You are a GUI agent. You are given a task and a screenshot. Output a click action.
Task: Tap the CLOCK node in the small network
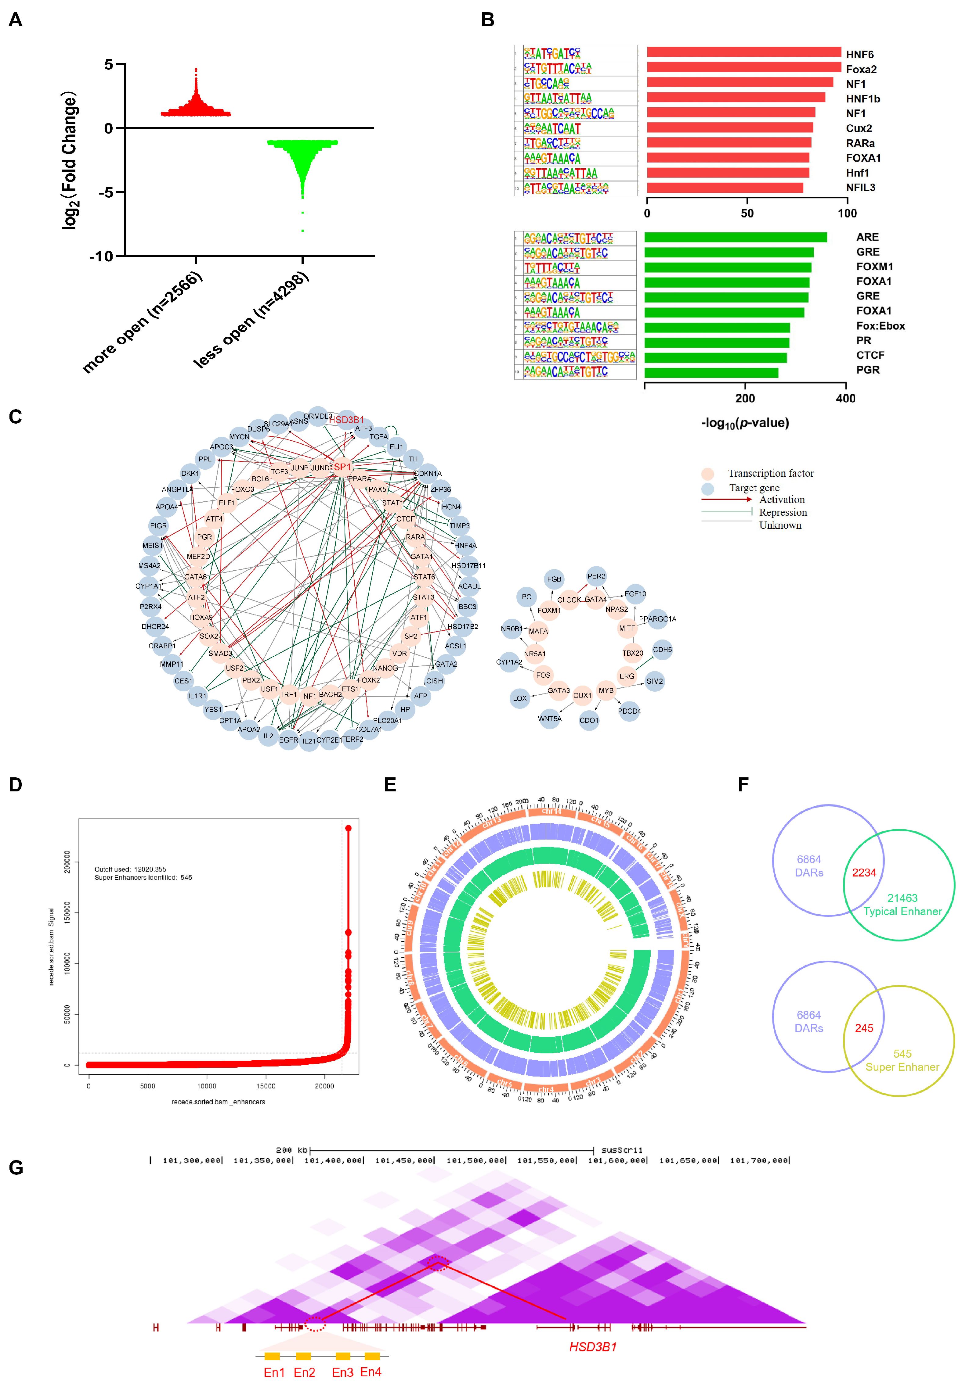[x=568, y=600]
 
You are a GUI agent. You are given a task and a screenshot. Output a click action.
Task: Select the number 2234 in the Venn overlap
[x=864, y=873]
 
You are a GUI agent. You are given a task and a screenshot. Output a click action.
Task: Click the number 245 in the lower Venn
[x=864, y=1028]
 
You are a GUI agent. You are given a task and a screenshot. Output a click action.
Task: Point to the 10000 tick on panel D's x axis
[x=206, y=1086]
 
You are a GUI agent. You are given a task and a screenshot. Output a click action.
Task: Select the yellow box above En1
[x=272, y=1356]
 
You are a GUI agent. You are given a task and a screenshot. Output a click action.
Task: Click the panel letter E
[x=390, y=785]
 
